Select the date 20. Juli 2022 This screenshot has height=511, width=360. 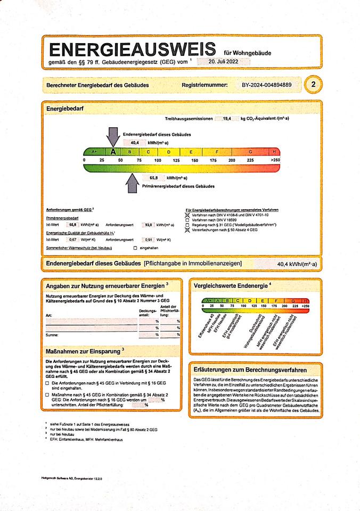click(223, 62)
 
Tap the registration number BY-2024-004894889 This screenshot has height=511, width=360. click(266, 85)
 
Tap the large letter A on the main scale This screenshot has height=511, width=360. click(113, 152)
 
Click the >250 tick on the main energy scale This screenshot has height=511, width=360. click(275, 160)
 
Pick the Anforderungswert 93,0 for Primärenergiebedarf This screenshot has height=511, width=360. click(149, 225)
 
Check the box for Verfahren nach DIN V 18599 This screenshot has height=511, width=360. click(187, 219)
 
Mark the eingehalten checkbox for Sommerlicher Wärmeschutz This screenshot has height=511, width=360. click(135, 248)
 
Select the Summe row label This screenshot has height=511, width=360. click(52, 335)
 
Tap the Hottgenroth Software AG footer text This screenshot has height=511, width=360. click(75, 479)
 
